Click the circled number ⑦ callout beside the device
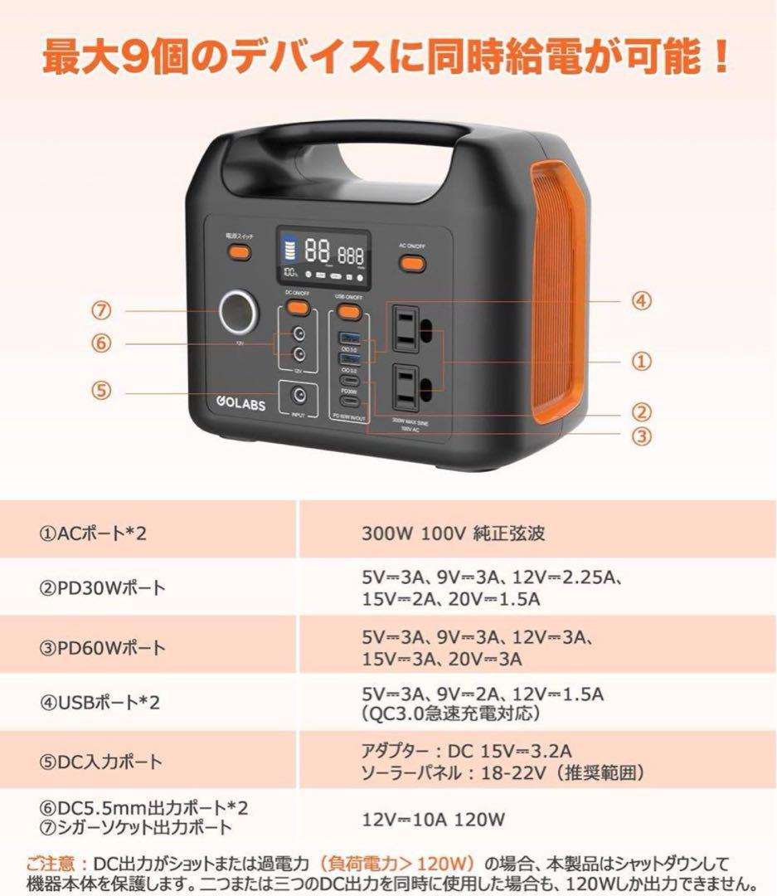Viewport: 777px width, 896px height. point(101,311)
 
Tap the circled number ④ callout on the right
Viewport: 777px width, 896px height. point(641,301)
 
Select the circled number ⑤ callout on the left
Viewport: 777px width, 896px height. point(101,391)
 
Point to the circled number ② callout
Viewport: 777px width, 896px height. point(641,412)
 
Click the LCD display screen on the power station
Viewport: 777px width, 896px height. point(323,255)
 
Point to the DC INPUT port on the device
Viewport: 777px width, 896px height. point(299,397)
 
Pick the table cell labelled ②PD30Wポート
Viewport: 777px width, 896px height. point(103,588)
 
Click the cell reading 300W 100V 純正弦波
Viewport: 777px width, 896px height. point(453,533)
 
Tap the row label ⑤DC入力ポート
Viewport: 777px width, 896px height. point(101,761)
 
